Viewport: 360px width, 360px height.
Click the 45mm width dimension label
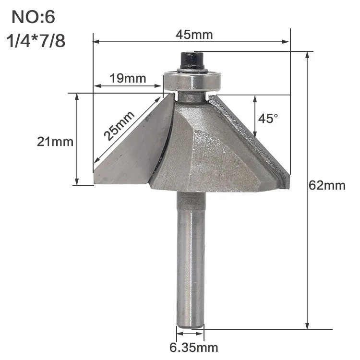click(194, 35)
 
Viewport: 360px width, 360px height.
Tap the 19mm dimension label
click(128, 78)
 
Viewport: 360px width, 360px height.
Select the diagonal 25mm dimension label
click(119, 126)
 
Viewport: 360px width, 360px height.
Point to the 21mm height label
click(55, 142)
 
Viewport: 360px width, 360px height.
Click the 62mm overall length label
click(327, 185)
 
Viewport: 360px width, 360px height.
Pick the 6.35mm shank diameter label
click(194, 348)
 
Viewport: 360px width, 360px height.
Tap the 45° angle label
click(268, 119)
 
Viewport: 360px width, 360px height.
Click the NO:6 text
click(33, 17)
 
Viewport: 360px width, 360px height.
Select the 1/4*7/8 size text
click(36, 41)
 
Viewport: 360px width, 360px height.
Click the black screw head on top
click(192, 60)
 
